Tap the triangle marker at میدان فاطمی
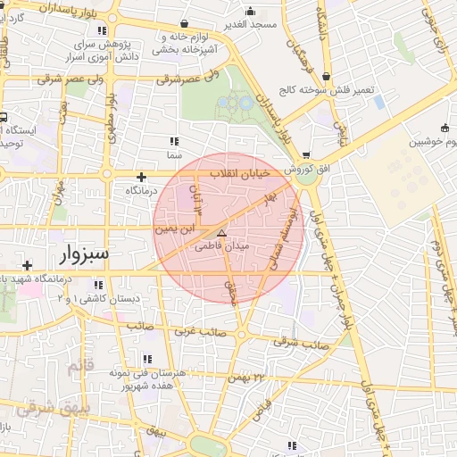coord(222,231)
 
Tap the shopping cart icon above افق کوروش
coord(306,154)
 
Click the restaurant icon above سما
coord(173,141)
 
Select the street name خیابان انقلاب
coord(243,173)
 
